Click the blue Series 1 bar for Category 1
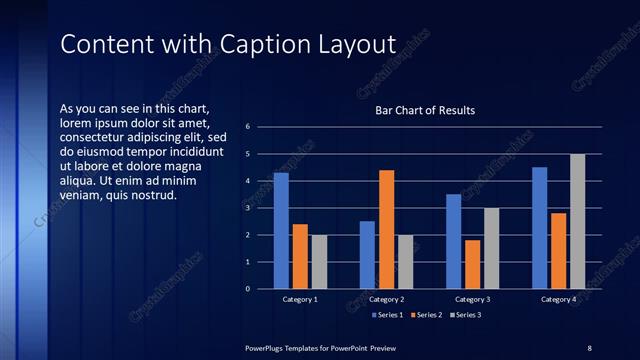click(281, 231)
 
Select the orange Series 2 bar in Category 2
click(386, 229)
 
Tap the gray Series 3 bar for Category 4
click(577, 221)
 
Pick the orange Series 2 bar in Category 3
click(472, 264)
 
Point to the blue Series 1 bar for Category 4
click(540, 228)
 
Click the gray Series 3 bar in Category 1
click(319, 262)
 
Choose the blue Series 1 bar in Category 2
click(367, 255)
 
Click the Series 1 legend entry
click(389, 315)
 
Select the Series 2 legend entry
click(427, 315)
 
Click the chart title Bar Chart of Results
click(425, 110)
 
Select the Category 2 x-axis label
click(386, 299)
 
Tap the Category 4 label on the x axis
click(559, 299)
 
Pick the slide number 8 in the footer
click(589, 347)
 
